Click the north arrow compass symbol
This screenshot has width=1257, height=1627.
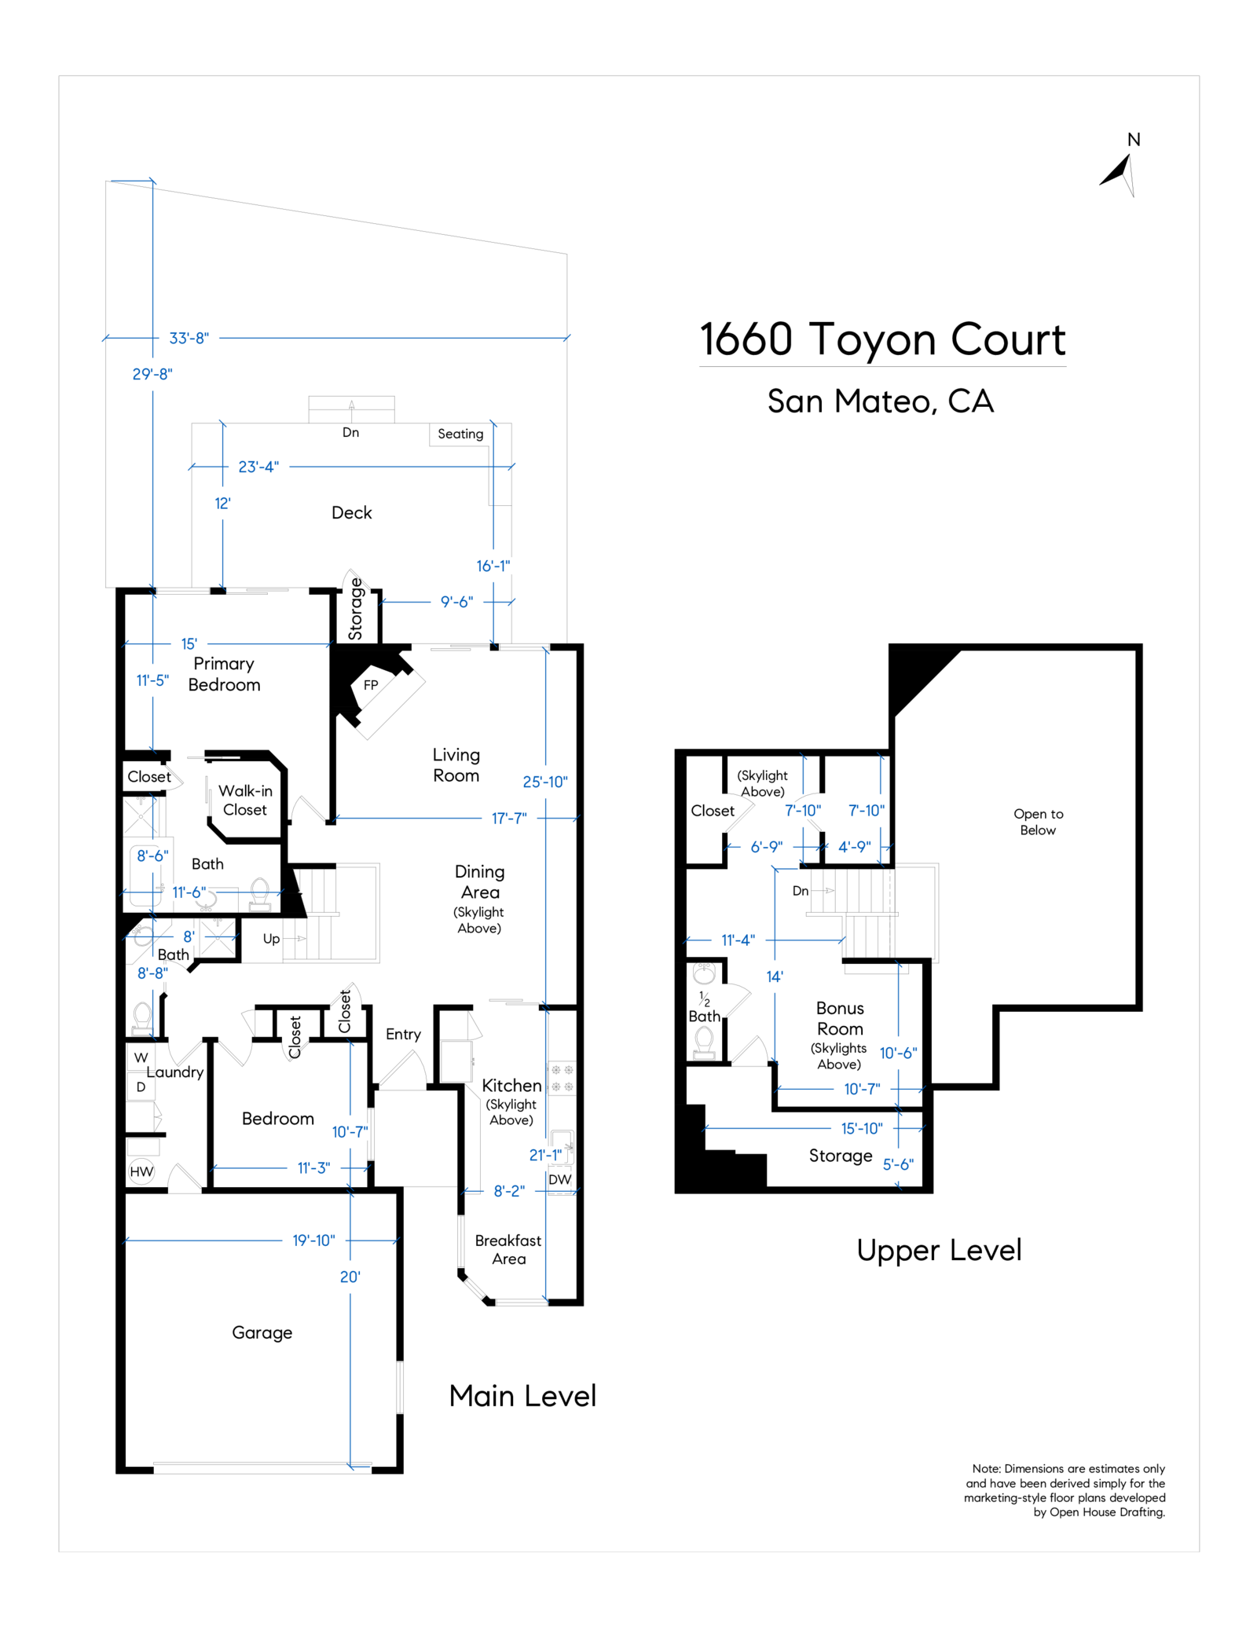tap(1119, 173)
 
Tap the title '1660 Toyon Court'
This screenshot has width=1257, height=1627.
tap(882, 339)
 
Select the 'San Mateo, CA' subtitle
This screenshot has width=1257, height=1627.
tap(881, 401)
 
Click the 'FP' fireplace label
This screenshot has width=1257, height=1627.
tap(371, 685)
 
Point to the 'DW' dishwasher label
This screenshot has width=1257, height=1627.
tap(560, 1179)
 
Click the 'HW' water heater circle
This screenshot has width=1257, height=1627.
tap(141, 1172)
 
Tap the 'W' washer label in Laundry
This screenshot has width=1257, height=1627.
tap(141, 1057)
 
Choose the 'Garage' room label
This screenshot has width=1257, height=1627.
tap(262, 1333)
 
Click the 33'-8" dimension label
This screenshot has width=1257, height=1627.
tap(189, 339)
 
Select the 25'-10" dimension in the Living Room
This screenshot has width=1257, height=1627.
tap(545, 782)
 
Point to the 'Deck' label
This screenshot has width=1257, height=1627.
tap(352, 513)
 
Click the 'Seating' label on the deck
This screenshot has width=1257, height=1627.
tap(460, 434)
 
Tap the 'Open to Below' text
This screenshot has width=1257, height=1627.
tap(1038, 822)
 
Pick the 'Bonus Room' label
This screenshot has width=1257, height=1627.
tap(840, 1018)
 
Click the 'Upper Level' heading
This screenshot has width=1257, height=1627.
tap(939, 1250)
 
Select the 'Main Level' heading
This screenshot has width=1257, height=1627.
tap(522, 1396)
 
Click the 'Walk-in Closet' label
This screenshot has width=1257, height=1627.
tap(245, 801)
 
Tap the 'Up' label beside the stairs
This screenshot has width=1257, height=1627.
tap(271, 939)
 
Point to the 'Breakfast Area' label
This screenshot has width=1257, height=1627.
tap(508, 1250)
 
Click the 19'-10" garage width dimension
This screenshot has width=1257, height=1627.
tap(313, 1240)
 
